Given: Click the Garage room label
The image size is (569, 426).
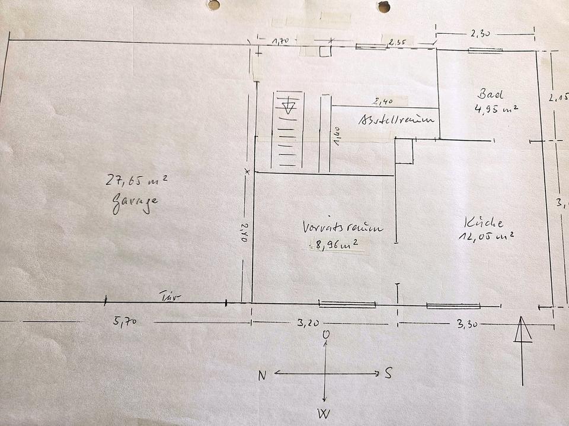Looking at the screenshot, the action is (x=135, y=202).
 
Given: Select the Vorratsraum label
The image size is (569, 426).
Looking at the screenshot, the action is (x=343, y=227).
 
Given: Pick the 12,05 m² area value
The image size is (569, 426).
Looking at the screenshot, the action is (x=486, y=236).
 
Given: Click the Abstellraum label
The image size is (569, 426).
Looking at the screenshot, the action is (x=397, y=120).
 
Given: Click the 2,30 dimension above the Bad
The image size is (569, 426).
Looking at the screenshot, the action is (x=480, y=34).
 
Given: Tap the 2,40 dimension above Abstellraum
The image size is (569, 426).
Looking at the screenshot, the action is (x=384, y=101).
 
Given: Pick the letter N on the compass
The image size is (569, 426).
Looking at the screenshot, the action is (x=262, y=375).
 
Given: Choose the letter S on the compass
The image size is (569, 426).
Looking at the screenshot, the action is (x=388, y=373).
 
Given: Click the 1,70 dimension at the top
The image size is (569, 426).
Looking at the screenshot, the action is (x=280, y=41).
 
